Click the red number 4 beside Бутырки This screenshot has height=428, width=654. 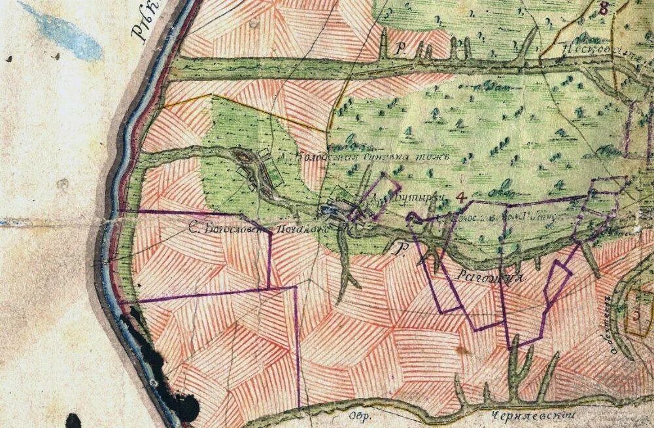click(x=461, y=195)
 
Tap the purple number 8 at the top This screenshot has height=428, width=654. click(x=602, y=8)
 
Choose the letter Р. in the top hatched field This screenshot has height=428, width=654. click(x=401, y=50)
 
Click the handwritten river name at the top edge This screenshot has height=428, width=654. click(x=146, y=23)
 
